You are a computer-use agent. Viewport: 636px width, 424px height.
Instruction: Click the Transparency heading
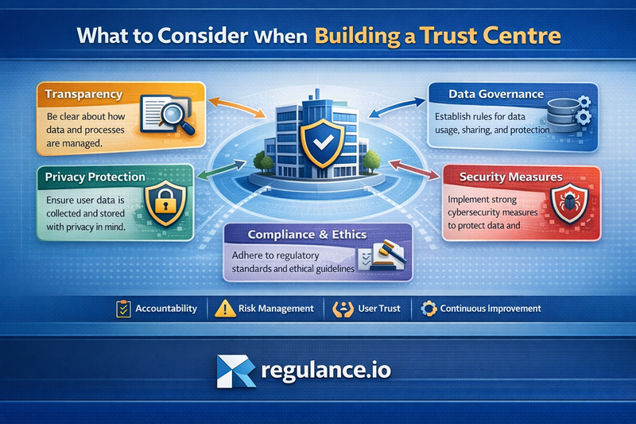[83, 94]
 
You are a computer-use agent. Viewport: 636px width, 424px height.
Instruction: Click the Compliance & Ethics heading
[317, 235]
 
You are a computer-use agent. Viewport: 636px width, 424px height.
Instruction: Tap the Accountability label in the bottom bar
[165, 308]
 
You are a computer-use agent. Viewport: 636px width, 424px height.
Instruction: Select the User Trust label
[378, 308]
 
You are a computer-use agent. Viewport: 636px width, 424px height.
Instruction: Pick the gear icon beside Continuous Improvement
[429, 308]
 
